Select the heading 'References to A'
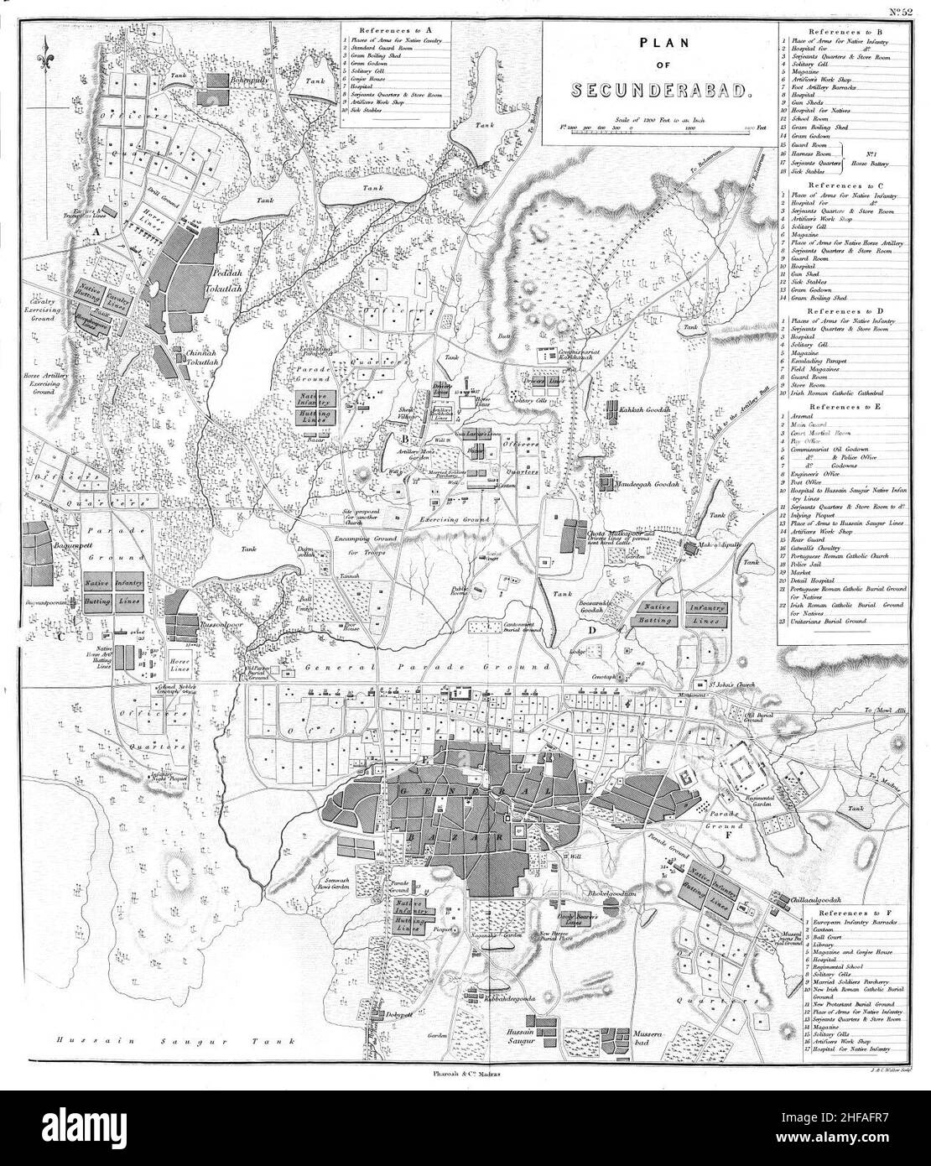pyautogui.click(x=395, y=28)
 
